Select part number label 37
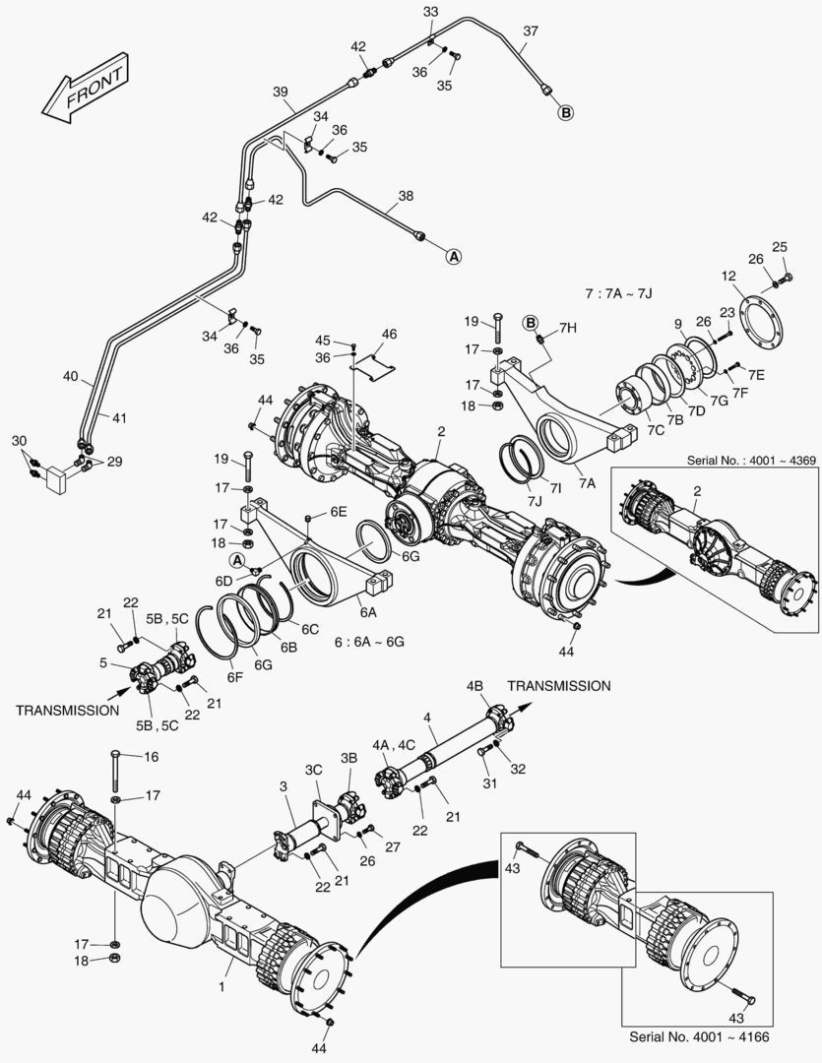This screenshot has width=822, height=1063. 530,31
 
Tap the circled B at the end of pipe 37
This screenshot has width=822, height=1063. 566,113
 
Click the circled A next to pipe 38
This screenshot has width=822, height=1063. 453,256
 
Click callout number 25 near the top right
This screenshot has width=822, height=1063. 780,246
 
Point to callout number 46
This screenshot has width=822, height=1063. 389,335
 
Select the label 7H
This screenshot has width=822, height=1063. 568,327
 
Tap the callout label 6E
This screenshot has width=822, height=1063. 339,512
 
